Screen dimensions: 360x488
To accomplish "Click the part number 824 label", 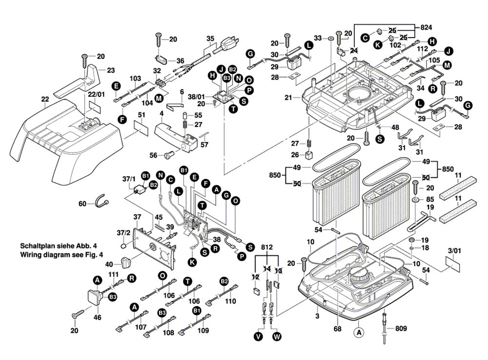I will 426,27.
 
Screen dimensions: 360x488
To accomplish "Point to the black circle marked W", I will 277,337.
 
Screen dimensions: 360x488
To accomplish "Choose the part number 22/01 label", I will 97,94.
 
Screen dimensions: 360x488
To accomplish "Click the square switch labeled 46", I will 94,296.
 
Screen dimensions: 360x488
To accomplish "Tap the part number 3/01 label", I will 454,252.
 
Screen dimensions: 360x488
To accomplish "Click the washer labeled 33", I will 331,38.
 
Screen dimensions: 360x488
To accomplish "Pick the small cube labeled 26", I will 309,156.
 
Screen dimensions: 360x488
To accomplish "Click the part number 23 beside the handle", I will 111,70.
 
